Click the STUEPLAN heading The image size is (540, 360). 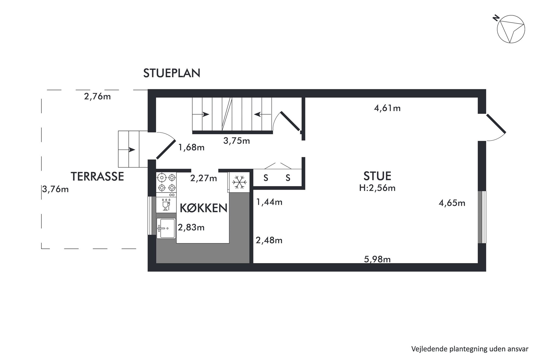[172, 73]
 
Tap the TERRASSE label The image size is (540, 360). [97, 177]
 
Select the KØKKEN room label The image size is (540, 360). [204, 208]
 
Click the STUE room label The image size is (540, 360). [377, 176]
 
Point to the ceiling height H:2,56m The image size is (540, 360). [377, 188]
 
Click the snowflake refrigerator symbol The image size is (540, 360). [239, 182]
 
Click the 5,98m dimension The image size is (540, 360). [377, 259]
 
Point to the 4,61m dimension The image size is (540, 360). [387, 108]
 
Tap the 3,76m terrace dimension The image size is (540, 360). [55, 189]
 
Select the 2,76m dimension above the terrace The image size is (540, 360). [97, 96]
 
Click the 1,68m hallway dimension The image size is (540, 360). [191, 147]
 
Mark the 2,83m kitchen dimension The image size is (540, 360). [191, 227]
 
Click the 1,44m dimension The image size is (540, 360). [269, 202]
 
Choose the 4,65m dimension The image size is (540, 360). [452, 203]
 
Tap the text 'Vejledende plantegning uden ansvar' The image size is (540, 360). [470, 349]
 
